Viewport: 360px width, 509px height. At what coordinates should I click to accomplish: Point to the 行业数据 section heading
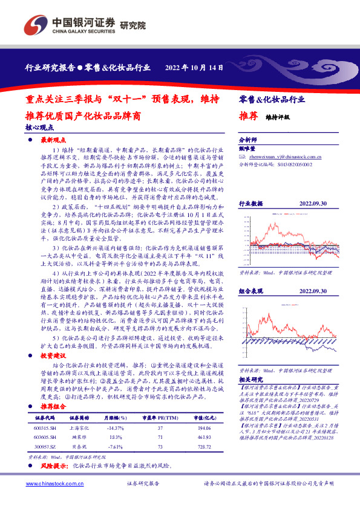tap(251, 204)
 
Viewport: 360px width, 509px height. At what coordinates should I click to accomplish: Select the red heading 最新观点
tap(53, 140)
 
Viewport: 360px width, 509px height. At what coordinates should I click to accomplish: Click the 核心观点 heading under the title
tap(39, 128)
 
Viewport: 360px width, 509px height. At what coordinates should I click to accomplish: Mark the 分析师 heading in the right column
tap(248, 138)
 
